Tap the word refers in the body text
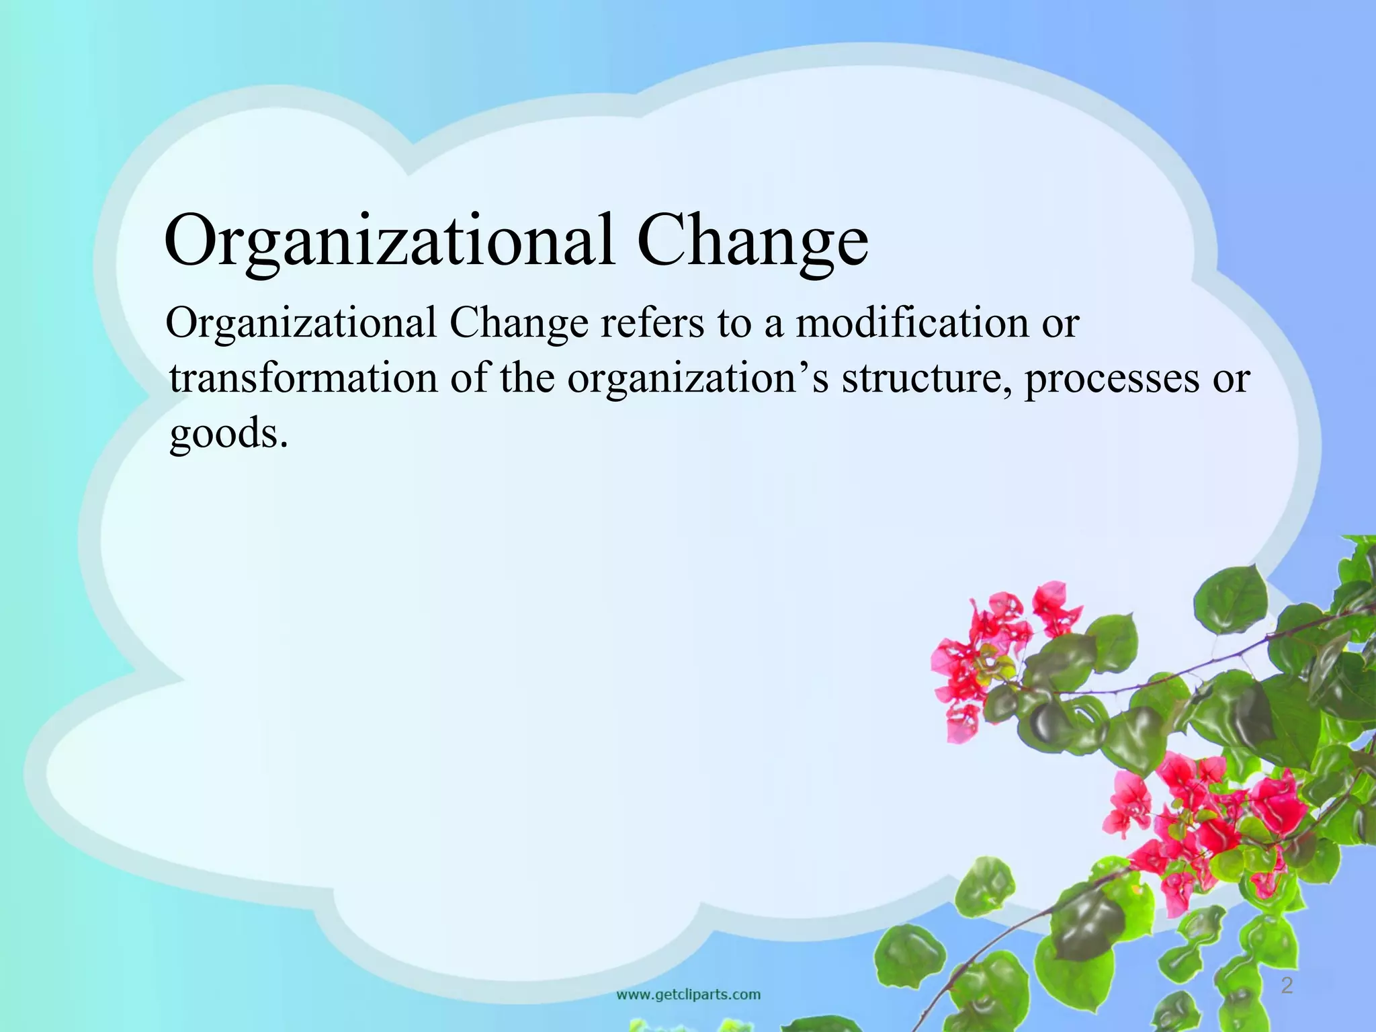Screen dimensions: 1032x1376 (652, 323)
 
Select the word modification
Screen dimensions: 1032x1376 (912, 323)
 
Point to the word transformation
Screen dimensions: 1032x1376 (303, 378)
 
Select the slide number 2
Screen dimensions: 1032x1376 (1287, 986)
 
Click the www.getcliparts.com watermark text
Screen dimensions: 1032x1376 (689, 994)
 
